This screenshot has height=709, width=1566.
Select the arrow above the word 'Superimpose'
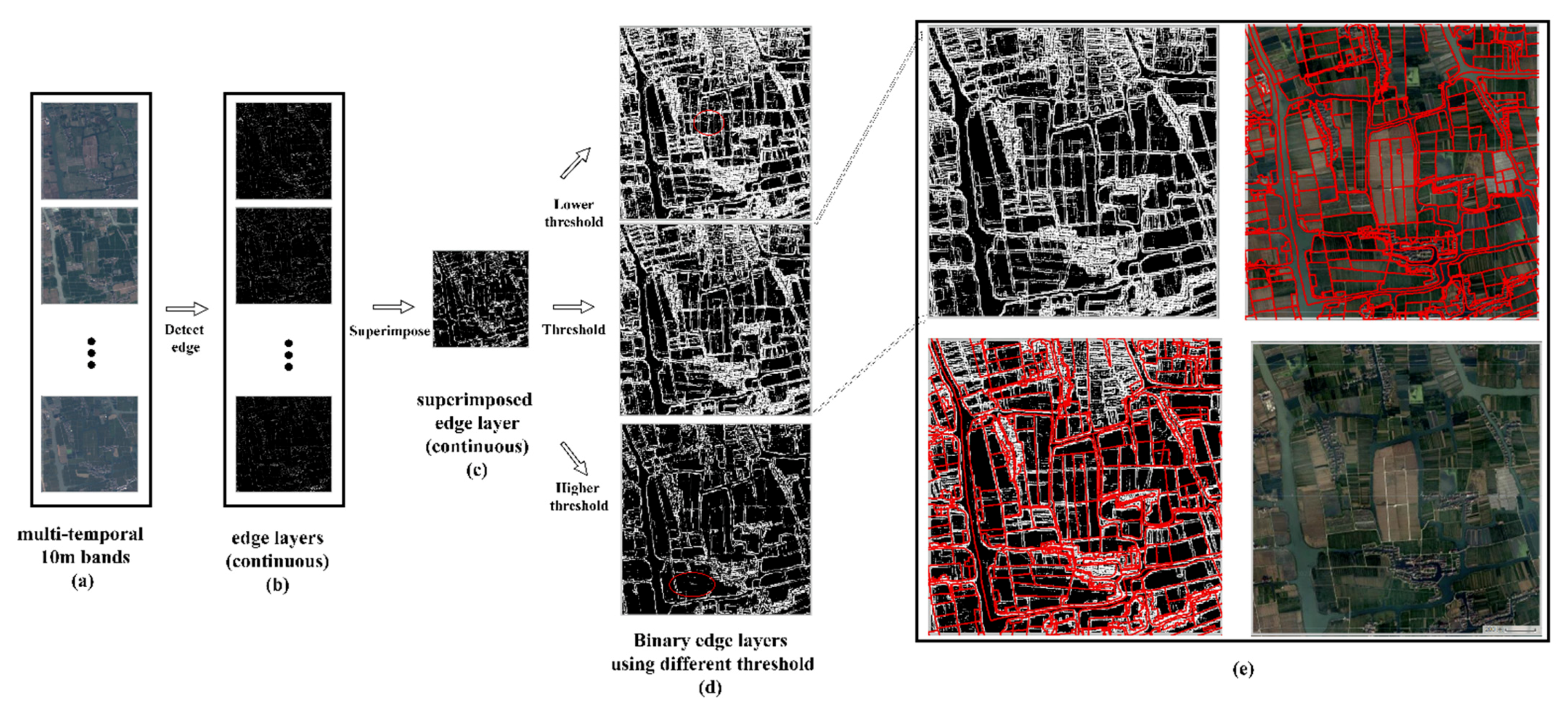click(394, 307)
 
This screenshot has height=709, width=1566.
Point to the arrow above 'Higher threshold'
click(575, 458)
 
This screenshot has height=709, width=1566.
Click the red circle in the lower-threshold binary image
click(709, 123)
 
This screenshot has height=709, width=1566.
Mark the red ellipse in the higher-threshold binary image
click(692, 585)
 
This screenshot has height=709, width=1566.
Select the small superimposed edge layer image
click(480, 299)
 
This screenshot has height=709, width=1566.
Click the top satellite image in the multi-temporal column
click(89, 151)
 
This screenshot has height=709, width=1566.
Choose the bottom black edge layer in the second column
click(283, 444)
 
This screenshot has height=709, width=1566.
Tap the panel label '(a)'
click(82, 582)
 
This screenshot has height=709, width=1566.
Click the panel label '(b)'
click(277, 585)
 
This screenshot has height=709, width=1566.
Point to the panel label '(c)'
click(477, 470)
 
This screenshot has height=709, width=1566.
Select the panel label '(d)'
click(710, 687)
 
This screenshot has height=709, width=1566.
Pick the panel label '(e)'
click(1242, 669)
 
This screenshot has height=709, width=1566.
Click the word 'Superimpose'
click(389, 331)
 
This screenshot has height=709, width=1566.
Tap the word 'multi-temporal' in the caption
click(80, 535)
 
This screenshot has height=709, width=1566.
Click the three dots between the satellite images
click(91, 353)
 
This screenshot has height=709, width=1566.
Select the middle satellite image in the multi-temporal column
click(89, 256)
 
